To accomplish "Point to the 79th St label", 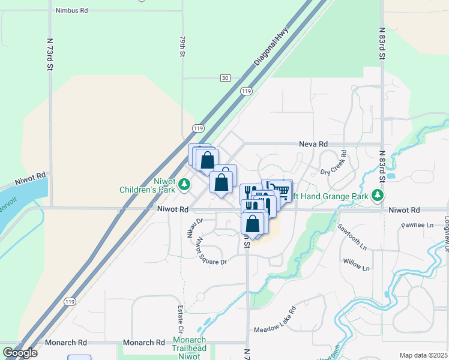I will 182,46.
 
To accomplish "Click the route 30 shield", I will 224,78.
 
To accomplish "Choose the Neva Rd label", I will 313,145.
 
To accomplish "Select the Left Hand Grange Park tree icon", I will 377,195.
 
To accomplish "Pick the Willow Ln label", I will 356,265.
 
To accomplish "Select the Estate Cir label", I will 180,319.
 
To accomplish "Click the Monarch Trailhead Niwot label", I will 190,348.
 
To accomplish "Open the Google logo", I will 19,353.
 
